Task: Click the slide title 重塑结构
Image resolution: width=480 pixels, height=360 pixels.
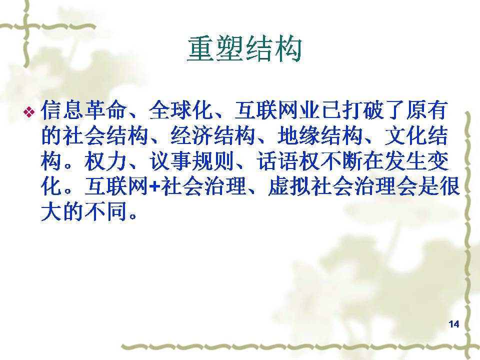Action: pyautogui.click(x=244, y=49)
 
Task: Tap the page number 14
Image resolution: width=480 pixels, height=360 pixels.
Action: pyautogui.click(x=453, y=324)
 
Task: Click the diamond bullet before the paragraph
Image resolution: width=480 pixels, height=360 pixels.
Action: pyautogui.click(x=29, y=111)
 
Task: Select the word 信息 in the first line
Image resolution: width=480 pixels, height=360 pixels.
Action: pyautogui.click(x=62, y=110)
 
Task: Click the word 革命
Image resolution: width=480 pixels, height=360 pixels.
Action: pyautogui.click(x=105, y=110)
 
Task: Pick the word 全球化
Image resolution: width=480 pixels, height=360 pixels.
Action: pyautogui.click(x=180, y=110)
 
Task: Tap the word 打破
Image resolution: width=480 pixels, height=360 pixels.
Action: pyautogui.click(x=363, y=110)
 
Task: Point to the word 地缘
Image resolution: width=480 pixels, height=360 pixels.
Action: pyautogui.click(x=299, y=135)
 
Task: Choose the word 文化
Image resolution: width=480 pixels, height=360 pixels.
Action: pyautogui.click(x=405, y=135)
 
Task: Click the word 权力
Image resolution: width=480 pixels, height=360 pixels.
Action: pyautogui.click(x=105, y=161)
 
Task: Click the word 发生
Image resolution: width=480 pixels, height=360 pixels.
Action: pyautogui.click(x=405, y=161)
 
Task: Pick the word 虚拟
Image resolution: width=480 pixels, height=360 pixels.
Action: pyautogui.click(x=289, y=186)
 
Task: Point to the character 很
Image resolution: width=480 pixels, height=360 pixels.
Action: pyautogui.click(x=449, y=186)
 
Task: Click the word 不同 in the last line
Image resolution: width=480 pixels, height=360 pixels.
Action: pyautogui.click(x=105, y=212)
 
